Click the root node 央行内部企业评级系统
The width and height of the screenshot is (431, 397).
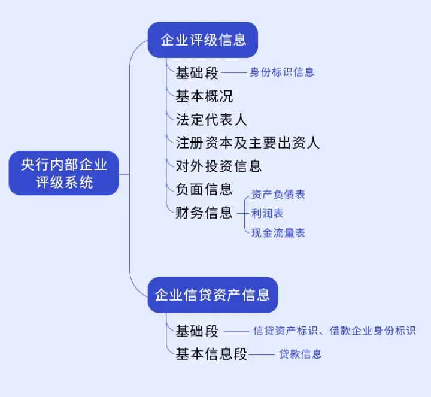pos(64,174)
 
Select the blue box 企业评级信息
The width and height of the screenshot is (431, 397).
pos(203,40)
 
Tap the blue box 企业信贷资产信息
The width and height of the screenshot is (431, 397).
pos(213,295)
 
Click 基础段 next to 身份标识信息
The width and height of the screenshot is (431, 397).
pos(197,72)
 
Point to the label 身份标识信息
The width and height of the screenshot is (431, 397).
pos(282,72)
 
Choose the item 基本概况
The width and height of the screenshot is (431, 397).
pos(204,96)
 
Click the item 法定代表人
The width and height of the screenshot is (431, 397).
pos(211,119)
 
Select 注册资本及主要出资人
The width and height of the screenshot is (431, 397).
pos(247,143)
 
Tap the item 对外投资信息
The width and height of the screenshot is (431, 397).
pos(218,166)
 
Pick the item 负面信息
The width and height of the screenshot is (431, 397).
pos(204,189)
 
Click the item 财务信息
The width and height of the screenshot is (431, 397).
pos(204,213)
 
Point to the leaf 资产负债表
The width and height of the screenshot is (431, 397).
pos(278,195)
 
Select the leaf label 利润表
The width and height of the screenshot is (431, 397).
pos(268,213)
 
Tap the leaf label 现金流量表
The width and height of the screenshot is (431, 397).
pos(278,232)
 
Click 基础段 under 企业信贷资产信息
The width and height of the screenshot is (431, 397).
pos(197,331)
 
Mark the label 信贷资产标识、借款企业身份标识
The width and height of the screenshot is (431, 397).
pos(335,331)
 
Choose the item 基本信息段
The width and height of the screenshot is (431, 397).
pos(211,354)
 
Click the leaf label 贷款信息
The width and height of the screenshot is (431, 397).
pos(301,354)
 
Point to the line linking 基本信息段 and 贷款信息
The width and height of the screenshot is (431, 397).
pos(261,355)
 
